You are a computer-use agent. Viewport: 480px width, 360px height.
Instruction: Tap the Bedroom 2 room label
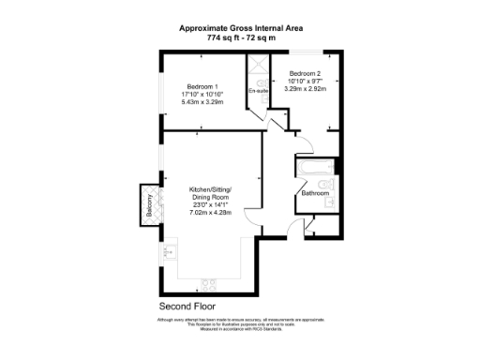[305, 73]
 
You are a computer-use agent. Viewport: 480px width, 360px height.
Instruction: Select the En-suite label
[257, 91]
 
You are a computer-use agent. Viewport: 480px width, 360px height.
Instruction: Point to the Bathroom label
[315, 194]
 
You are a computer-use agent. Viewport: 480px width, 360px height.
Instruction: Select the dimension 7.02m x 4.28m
[210, 215]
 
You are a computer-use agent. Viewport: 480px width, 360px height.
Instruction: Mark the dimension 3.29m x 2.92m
[305, 89]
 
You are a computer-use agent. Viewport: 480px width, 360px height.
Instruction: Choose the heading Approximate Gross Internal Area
[239, 28]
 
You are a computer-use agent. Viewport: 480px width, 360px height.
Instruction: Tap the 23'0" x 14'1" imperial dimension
[210, 206]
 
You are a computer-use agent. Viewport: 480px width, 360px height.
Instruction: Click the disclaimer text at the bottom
[239, 324]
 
